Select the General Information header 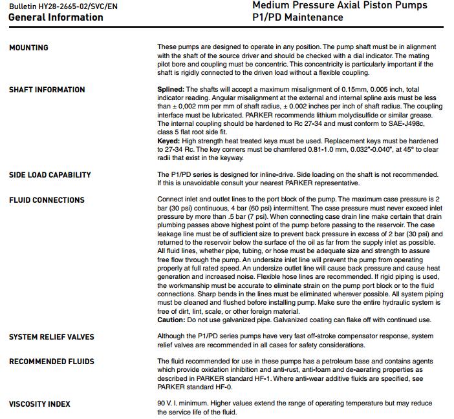pos(56,17)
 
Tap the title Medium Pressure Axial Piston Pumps pos(340,6)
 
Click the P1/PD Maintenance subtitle pos(297,17)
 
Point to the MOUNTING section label pos(28,48)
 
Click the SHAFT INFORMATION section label pos(47,90)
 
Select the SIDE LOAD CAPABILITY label pos(50,175)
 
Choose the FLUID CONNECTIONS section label pos(47,200)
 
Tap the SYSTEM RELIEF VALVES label pos(51,336)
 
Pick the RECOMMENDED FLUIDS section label pos(51,362)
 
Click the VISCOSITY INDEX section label pos(39,404)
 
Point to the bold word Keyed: pos(169,140)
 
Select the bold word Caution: pos(171,320)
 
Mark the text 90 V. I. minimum pos(184,404)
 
